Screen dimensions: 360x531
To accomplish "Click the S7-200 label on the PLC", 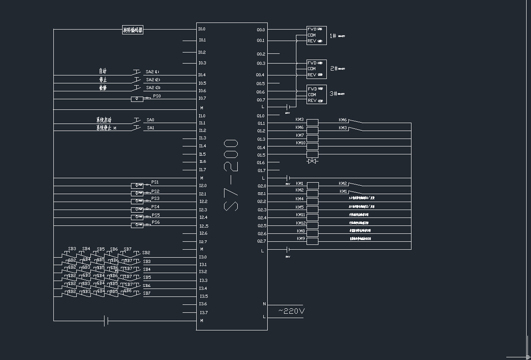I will click(x=231, y=175).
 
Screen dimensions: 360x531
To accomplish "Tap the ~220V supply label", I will click(x=291, y=311).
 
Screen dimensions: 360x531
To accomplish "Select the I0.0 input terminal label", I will click(x=202, y=29).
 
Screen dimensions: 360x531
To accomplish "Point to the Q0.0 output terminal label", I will click(x=261, y=30).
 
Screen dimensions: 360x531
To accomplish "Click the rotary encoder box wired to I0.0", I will click(x=133, y=30).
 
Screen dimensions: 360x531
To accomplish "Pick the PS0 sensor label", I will click(x=157, y=96).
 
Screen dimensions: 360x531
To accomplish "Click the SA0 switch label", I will click(x=150, y=120).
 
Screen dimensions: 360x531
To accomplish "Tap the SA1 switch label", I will click(x=150, y=128).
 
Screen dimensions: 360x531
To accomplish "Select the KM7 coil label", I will click(x=300, y=135).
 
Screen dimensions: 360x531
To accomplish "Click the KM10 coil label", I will click(x=300, y=143).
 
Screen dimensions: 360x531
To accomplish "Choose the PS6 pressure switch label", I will click(x=155, y=223).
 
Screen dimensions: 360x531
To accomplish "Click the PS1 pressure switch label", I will click(x=155, y=182).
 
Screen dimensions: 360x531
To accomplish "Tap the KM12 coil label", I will click(x=300, y=223).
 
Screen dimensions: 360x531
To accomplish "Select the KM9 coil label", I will click(x=301, y=239).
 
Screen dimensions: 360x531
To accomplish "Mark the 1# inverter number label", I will click(x=333, y=36).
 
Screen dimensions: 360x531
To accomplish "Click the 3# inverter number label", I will click(x=333, y=94).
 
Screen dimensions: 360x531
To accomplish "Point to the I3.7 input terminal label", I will click(x=203, y=312).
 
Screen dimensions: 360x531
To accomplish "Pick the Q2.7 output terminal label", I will click(x=262, y=241).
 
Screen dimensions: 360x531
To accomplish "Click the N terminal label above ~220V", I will click(x=264, y=304).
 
